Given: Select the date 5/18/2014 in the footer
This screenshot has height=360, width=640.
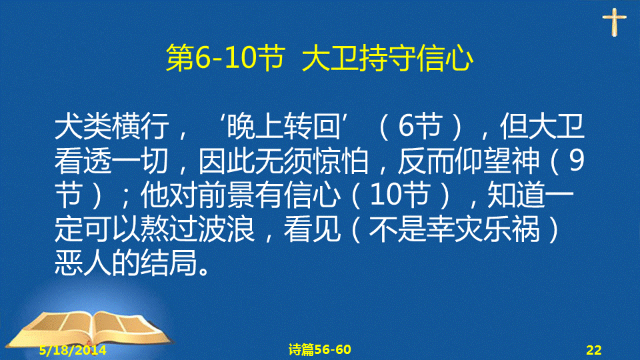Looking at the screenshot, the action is pyautogui.click(x=73, y=350).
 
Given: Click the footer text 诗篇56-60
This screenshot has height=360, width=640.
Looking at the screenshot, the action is pyautogui.click(x=319, y=349).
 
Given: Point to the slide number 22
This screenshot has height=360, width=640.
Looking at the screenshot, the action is pyautogui.click(x=594, y=350).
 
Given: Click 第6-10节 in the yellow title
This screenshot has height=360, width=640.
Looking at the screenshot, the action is pyautogui.click(x=225, y=59).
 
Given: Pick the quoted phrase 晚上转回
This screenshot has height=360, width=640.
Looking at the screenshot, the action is pyautogui.click(x=283, y=126).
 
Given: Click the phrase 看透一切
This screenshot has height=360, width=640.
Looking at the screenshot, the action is pyautogui.click(x=111, y=161).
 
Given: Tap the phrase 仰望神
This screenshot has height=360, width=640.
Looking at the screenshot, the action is pyautogui.click(x=497, y=161).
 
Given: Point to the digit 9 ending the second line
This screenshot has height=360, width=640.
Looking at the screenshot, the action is pyautogui.click(x=576, y=161).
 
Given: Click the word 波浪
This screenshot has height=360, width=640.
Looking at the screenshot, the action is pyautogui.click(x=226, y=229).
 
